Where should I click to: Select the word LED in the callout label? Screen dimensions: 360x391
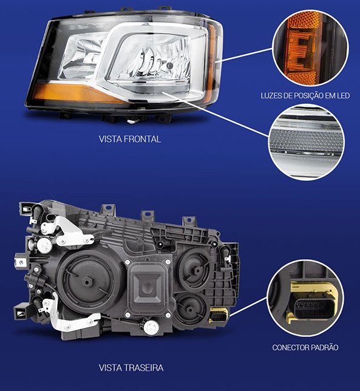343,95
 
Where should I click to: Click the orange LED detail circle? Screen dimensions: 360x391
310,48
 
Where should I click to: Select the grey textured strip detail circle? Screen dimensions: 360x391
307,142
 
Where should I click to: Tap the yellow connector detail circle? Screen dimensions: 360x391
305,298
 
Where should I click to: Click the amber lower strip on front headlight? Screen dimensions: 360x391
75,93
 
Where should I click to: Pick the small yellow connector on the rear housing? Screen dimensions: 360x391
219,315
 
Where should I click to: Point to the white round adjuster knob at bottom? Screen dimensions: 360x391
151,327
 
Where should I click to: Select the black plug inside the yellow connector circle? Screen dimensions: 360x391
310,306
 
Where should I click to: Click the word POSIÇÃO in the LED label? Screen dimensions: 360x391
308,95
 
